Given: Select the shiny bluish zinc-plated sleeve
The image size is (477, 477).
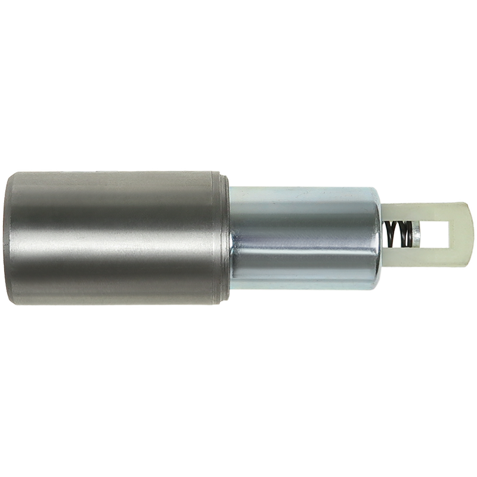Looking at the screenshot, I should [304, 238].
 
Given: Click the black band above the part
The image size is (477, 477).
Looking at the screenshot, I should [238, 113].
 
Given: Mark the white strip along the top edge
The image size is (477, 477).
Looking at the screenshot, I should [238, 30].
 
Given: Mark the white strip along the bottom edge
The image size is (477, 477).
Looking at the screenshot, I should [238, 447].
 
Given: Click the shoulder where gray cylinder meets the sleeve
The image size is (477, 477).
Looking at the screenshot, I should [230, 238].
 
